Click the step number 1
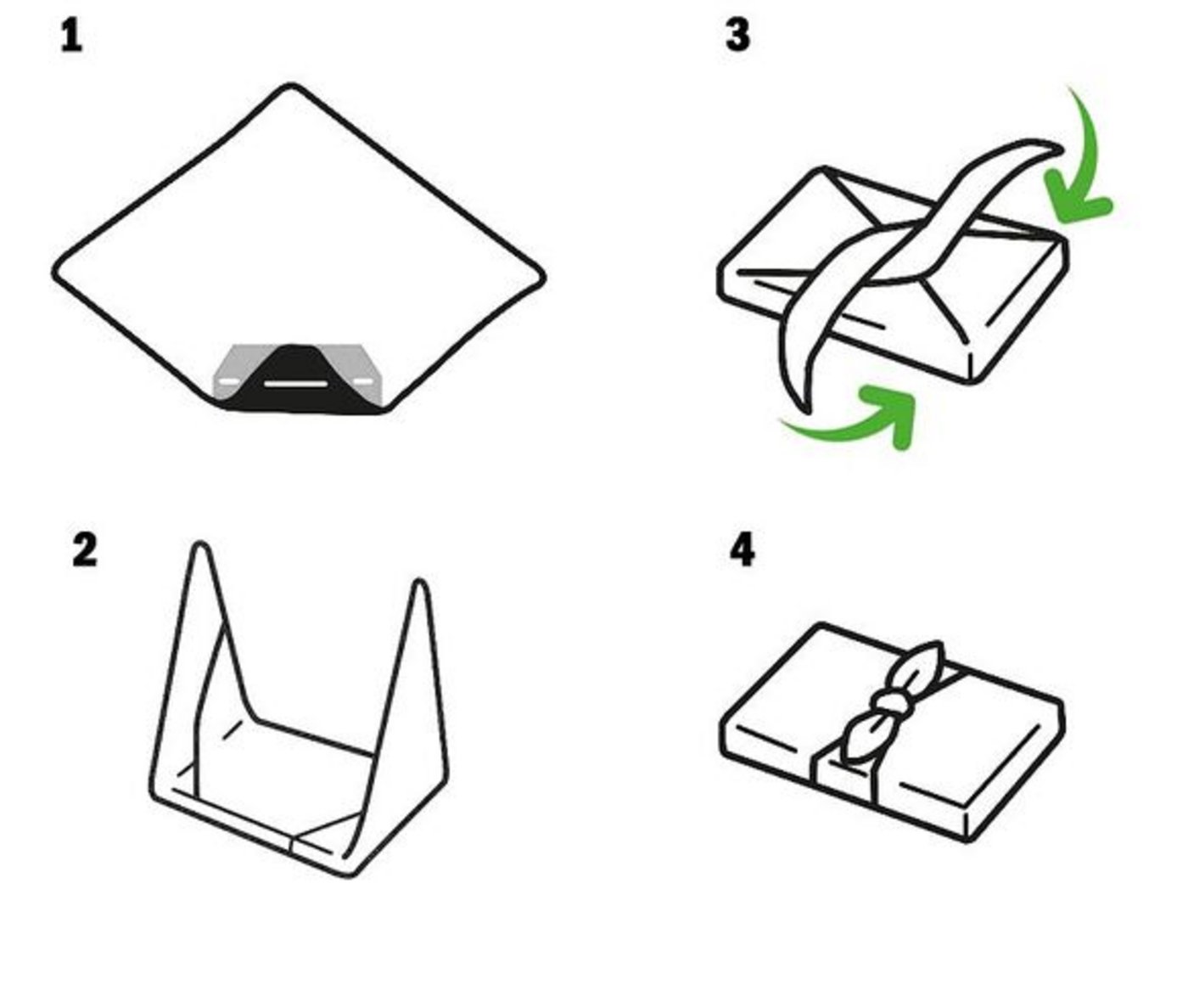[71, 37]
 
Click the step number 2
[84, 550]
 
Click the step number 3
[737, 36]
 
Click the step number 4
[742, 550]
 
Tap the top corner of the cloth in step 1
[292, 87]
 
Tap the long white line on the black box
[294, 384]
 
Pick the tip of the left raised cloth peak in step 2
[200, 547]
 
